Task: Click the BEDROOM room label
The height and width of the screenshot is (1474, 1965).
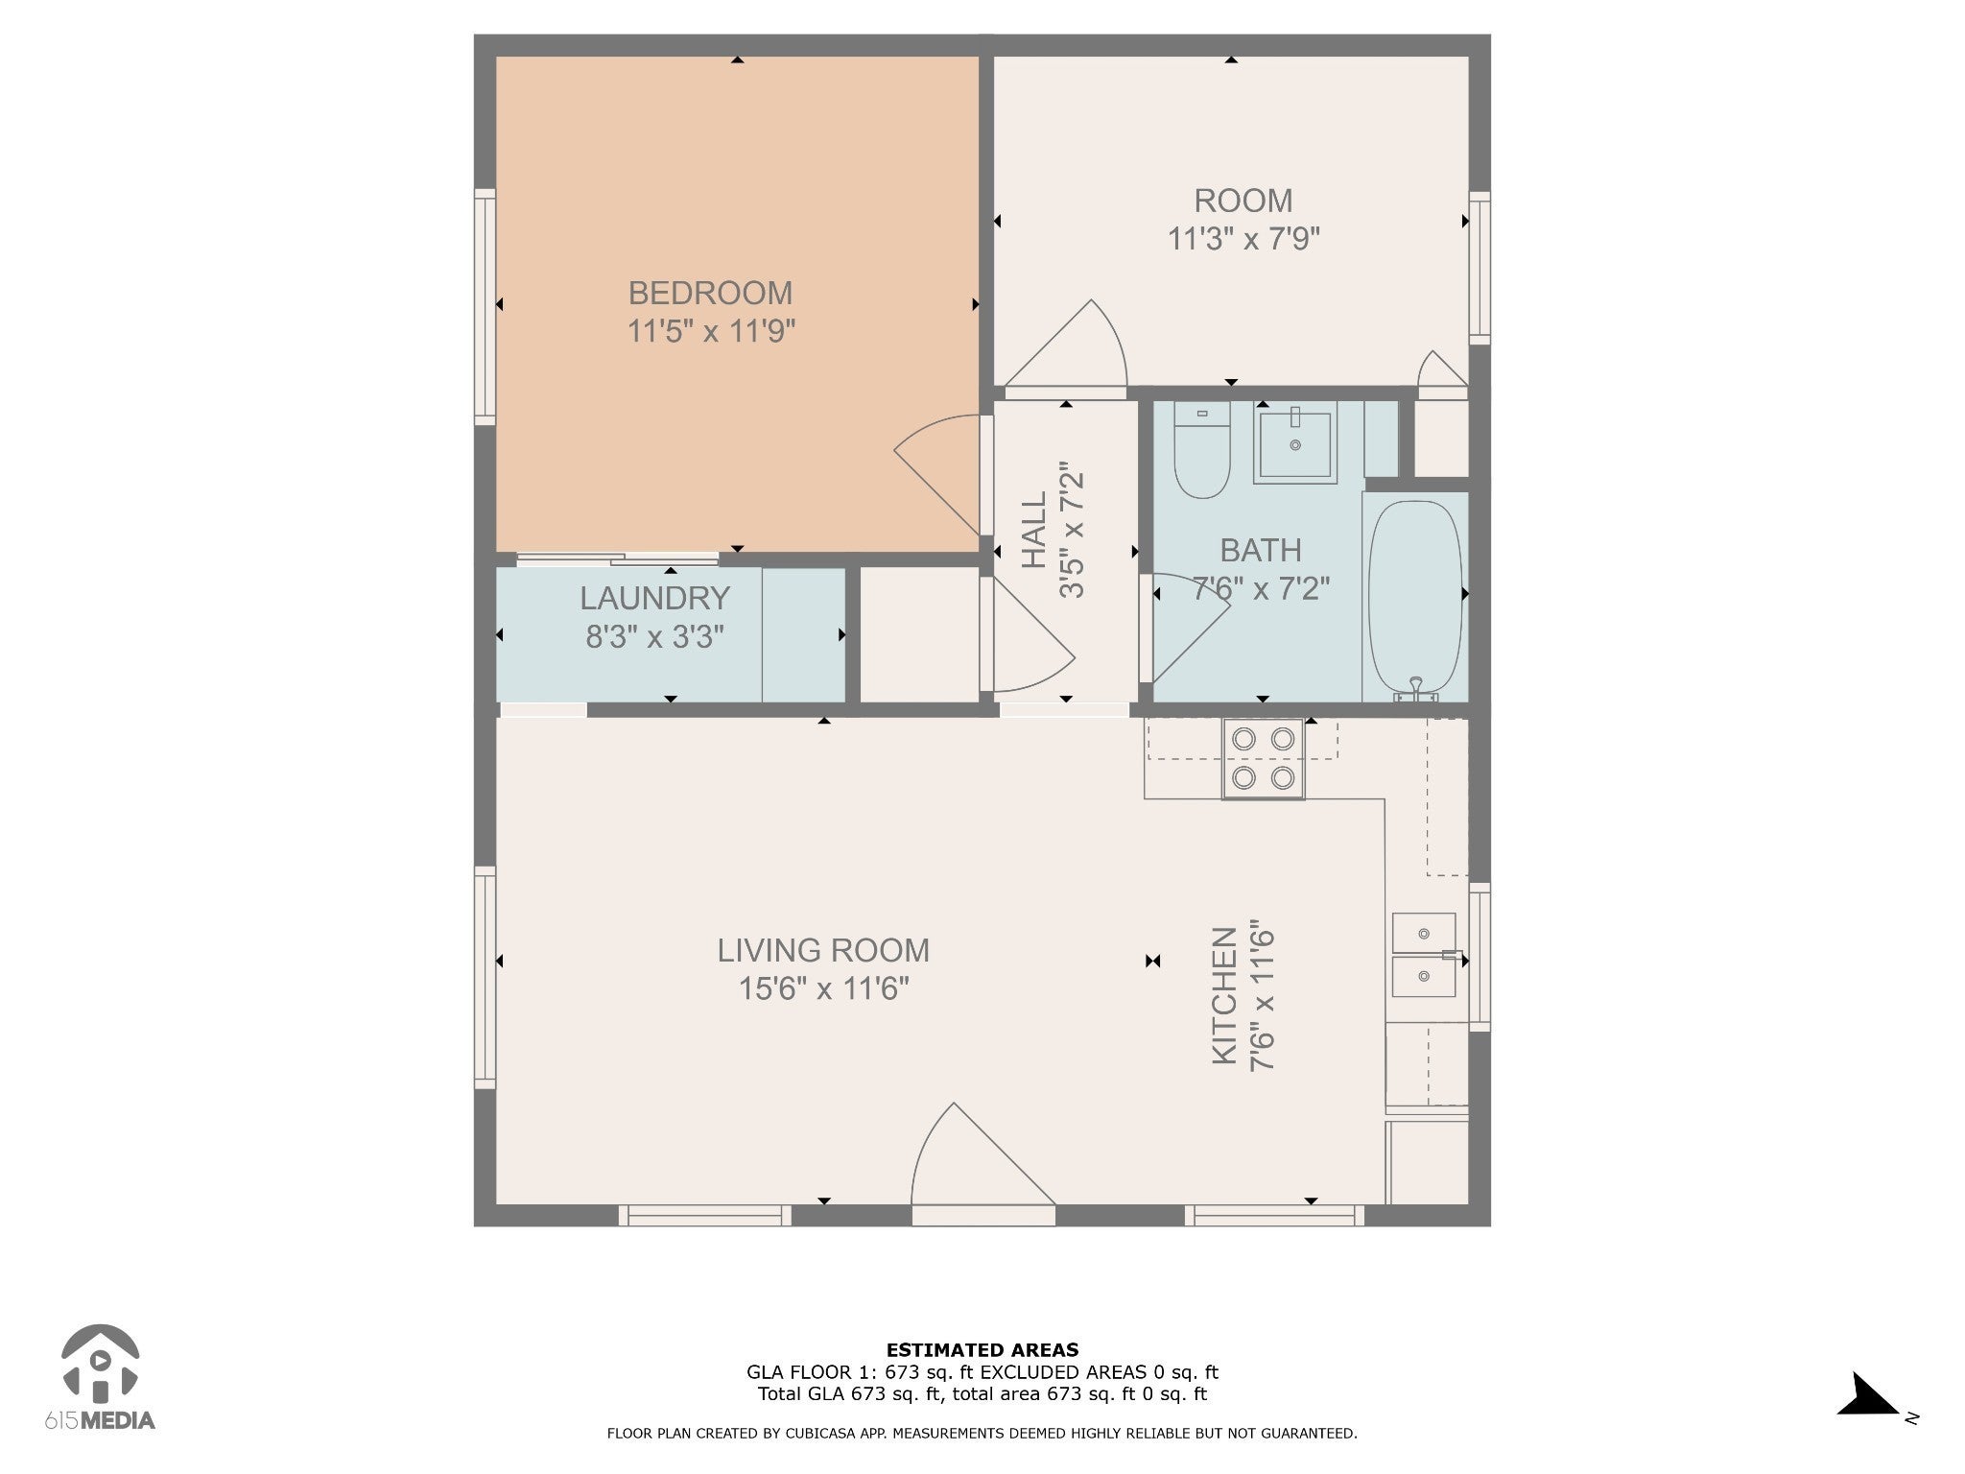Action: click(x=710, y=293)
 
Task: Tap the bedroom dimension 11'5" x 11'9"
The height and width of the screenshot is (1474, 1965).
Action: click(x=711, y=332)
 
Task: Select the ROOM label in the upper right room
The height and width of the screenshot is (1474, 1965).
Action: click(x=1243, y=201)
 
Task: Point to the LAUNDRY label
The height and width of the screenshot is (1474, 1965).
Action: click(x=654, y=598)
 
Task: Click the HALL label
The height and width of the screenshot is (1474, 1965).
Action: click(x=1033, y=530)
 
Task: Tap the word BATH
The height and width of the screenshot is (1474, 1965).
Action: click(x=1261, y=550)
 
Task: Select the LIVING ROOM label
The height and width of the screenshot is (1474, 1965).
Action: click(x=823, y=950)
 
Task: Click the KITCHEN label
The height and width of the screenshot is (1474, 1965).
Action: click(x=1223, y=996)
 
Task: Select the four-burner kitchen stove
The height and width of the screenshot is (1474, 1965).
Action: click(x=1263, y=758)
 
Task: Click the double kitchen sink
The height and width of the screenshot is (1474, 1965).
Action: click(x=1425, y=955)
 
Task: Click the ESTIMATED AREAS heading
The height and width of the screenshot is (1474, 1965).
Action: click(x=982, y=1350)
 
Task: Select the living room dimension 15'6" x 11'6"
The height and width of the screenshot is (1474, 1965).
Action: click(x=823, y=988)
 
